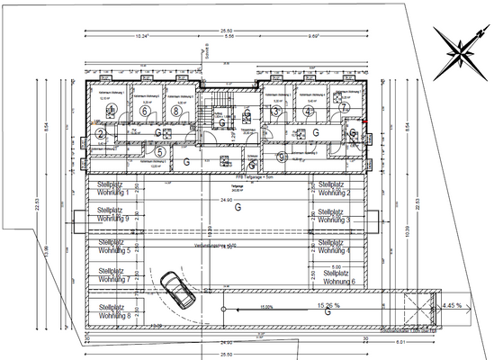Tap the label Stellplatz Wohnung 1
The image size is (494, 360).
pos(113,189)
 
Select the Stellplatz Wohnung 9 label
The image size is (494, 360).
pos(113,214)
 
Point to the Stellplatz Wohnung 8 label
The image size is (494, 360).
pos(113,312)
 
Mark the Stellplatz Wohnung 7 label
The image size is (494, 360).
pos(113,275)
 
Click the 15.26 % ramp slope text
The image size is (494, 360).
pos(329,306)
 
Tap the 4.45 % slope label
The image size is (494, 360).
pos(454,305)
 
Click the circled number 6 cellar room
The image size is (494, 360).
pos(145,111)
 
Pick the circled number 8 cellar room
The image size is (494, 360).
pos(175,112)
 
